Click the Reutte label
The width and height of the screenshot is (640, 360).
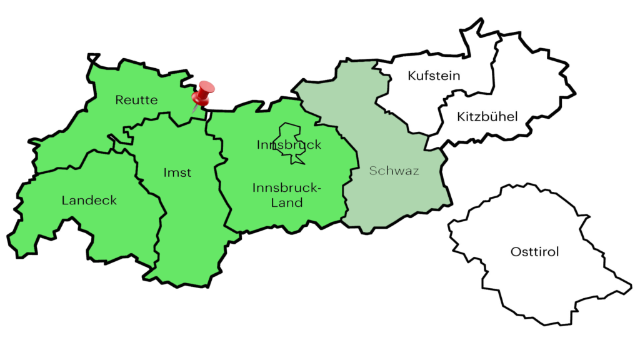click(x=136, y=100)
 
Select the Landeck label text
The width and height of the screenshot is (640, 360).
click(x=89, y=201)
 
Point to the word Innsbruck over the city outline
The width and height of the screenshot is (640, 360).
click(x=289, y=145)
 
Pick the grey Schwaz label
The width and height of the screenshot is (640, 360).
click(x=394, y=171)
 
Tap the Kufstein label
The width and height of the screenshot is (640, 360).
click(x=434, y=76)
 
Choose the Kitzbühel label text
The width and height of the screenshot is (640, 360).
click(x=487, y=116)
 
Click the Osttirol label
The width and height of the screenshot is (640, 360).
click(x=534, y=252)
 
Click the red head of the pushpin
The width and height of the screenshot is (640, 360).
click(x=204, y=92)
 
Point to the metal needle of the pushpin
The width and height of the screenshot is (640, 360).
click(x=196, y=109)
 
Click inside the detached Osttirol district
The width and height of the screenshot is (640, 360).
click(x=531, y=281)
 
